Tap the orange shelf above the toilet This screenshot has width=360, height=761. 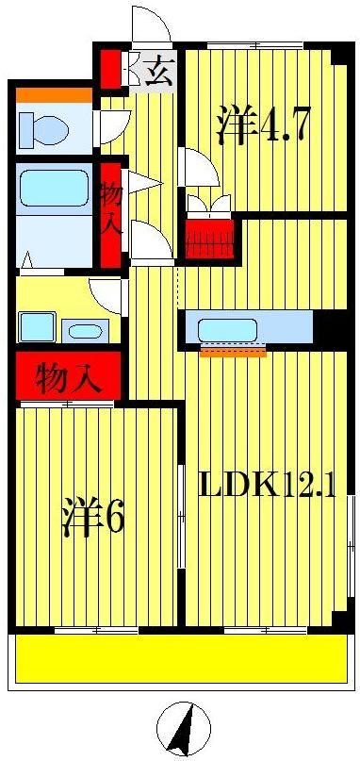coord(53,94)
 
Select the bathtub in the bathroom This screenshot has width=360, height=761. coord(55,188)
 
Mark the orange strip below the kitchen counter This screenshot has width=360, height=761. coord(232,354)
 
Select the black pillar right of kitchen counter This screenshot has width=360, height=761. coord(331,327)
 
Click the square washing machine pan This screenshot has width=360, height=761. coord(36,327)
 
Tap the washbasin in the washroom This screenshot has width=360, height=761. coord(85,330)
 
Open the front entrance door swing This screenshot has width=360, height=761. coord(151,25)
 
